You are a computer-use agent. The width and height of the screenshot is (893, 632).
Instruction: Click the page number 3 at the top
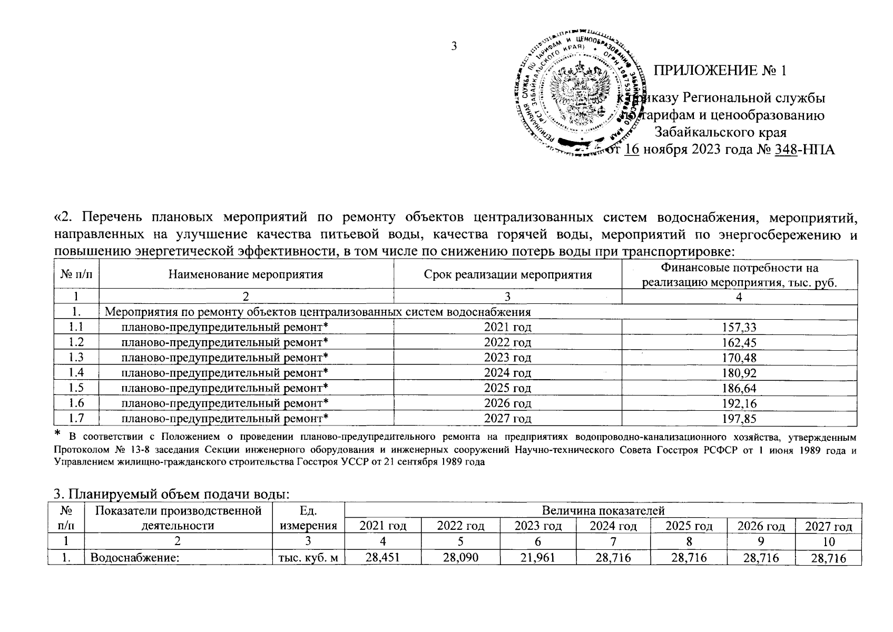[x=454, y=46]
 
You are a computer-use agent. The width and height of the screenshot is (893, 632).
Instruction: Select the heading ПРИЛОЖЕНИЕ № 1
[x=720, y=71]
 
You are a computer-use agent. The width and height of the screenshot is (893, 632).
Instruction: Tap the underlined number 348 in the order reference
[x=785, y=150]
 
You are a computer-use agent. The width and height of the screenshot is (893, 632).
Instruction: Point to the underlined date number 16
[x=631, y=150]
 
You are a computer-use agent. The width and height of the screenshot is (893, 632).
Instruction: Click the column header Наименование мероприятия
[x=246, y=274]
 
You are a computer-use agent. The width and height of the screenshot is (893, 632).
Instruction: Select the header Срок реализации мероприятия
[x=507, y=274]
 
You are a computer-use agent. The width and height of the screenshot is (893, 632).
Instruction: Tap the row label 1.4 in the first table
[x=76, y=373]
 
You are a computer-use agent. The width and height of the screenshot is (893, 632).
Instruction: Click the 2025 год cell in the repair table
[x=507, y=388]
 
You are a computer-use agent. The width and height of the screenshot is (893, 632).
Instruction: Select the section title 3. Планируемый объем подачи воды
[x=172, y=495]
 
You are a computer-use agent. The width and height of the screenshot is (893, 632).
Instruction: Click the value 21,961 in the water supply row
[x=537, y=557]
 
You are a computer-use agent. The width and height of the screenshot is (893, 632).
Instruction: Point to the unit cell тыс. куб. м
[x=307, y=558]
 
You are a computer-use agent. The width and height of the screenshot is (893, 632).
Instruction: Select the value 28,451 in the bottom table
[x=383, y=557]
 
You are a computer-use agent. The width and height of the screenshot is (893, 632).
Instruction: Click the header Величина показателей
[x=603, y=510]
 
